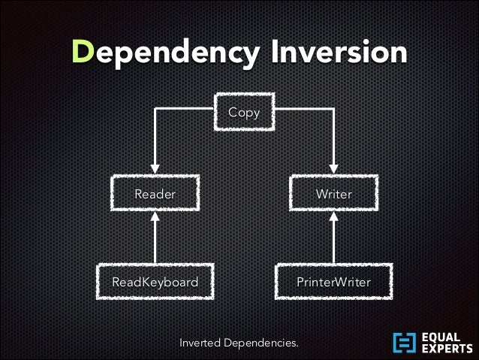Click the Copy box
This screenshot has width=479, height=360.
tap(244, 113)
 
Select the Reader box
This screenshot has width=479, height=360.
tap(155, 194)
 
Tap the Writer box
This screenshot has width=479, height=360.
tap(333, 194)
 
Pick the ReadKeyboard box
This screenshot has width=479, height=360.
tap(155, 283)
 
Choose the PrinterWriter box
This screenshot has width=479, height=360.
tap(333, 283)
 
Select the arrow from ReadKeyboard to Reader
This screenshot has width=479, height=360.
tap(155, 241)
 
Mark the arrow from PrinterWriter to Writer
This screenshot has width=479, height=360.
tap(333, 241)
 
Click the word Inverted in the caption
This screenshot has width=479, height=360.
tap(202, 343)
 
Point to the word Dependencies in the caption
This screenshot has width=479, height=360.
tap(263, 343)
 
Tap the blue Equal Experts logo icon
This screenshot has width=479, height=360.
tap(404, 342)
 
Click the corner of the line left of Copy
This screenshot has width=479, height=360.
tap(155, 110)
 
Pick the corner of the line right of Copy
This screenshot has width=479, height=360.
tap(333, 110)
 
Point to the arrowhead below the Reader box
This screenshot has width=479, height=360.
tap(155, 217)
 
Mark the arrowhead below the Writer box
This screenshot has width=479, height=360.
tap(333, 217)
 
